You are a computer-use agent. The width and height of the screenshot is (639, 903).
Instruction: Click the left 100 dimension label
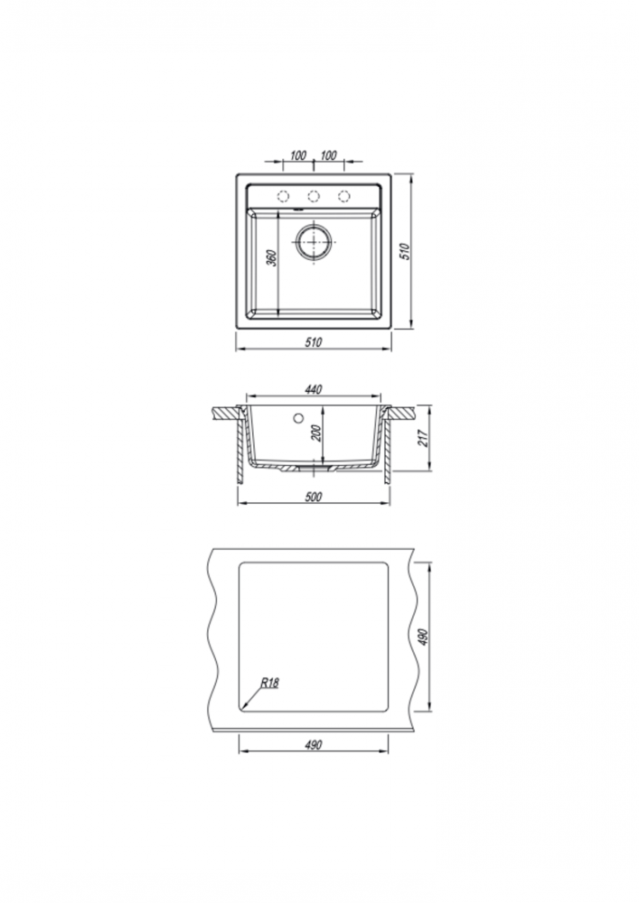point(298,155)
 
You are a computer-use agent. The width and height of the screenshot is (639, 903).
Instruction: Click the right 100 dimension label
point(328,155)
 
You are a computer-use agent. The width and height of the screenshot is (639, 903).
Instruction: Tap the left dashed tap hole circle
point(283,196)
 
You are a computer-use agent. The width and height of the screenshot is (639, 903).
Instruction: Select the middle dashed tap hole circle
point(314,196)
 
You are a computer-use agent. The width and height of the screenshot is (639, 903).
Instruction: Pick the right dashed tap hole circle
point(344,196)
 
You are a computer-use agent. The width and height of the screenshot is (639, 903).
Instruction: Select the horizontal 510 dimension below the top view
point(314,342)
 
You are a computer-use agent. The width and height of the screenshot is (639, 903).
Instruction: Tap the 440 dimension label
point(313,390)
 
